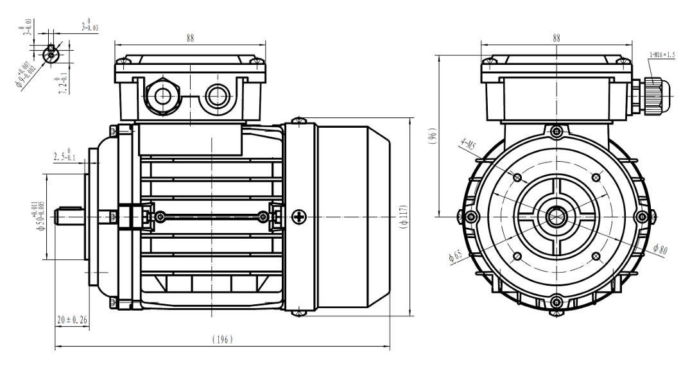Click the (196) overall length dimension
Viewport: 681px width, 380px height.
coord(223,339)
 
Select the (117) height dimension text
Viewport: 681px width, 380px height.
coord(403,218)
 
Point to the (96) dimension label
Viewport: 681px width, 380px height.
coord(433,136)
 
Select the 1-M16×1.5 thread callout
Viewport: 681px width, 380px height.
coord(664,55)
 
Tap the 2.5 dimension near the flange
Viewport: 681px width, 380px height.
coord(64,157)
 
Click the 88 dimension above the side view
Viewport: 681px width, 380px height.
coord(190,38)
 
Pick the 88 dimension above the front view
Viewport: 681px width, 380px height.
coord(556,38)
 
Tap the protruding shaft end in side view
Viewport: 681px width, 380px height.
coord(70,216)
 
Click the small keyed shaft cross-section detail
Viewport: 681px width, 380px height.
coord(51,55)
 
